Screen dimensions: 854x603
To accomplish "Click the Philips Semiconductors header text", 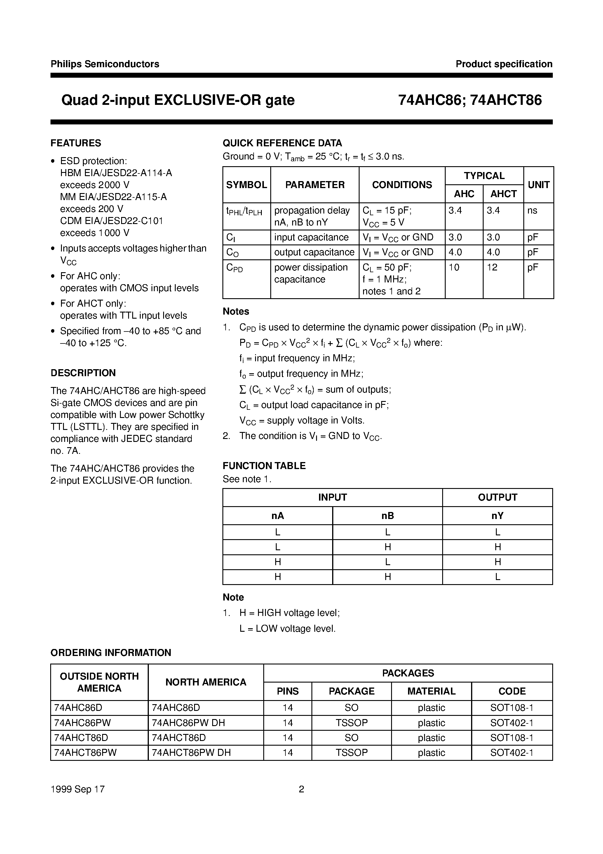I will [105, 64].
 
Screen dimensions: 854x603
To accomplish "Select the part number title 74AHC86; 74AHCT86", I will [470, 100].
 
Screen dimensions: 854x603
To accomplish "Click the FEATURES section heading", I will [76, 143].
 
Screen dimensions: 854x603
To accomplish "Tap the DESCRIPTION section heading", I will [83, 373].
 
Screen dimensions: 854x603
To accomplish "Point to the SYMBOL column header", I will [246, 185].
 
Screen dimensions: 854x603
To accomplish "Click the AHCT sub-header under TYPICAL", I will [503, 194].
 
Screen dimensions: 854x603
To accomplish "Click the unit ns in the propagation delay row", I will [532, 211].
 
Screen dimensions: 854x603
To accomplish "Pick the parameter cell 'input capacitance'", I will [311, 237].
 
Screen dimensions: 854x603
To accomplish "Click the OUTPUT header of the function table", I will [497, 498].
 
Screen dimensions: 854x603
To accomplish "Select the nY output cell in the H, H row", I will [497, 577].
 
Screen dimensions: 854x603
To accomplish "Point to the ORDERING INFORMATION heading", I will [111, 653].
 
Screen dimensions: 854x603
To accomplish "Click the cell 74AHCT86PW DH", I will [191, 753].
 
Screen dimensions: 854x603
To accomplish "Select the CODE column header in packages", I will [512, 691].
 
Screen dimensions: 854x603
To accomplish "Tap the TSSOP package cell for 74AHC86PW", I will [351, 723].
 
